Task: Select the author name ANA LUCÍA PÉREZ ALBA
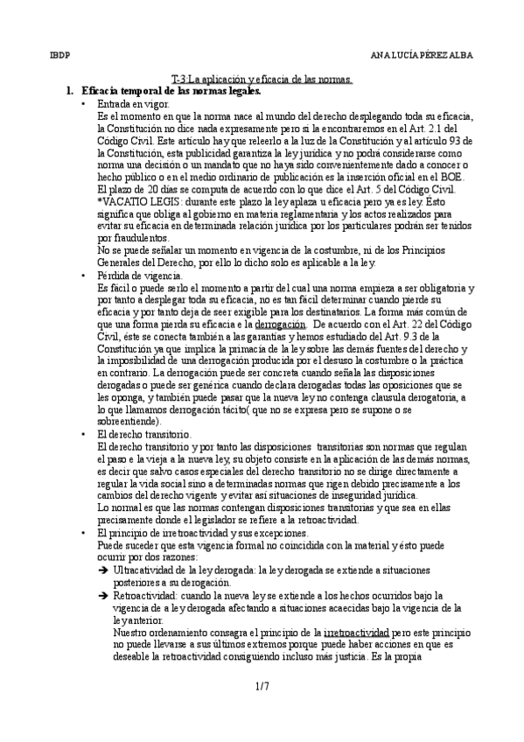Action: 422,54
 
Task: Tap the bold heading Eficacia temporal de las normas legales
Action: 170,91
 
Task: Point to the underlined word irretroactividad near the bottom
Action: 357,631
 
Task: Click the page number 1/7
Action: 262,688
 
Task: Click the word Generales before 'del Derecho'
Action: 122,262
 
